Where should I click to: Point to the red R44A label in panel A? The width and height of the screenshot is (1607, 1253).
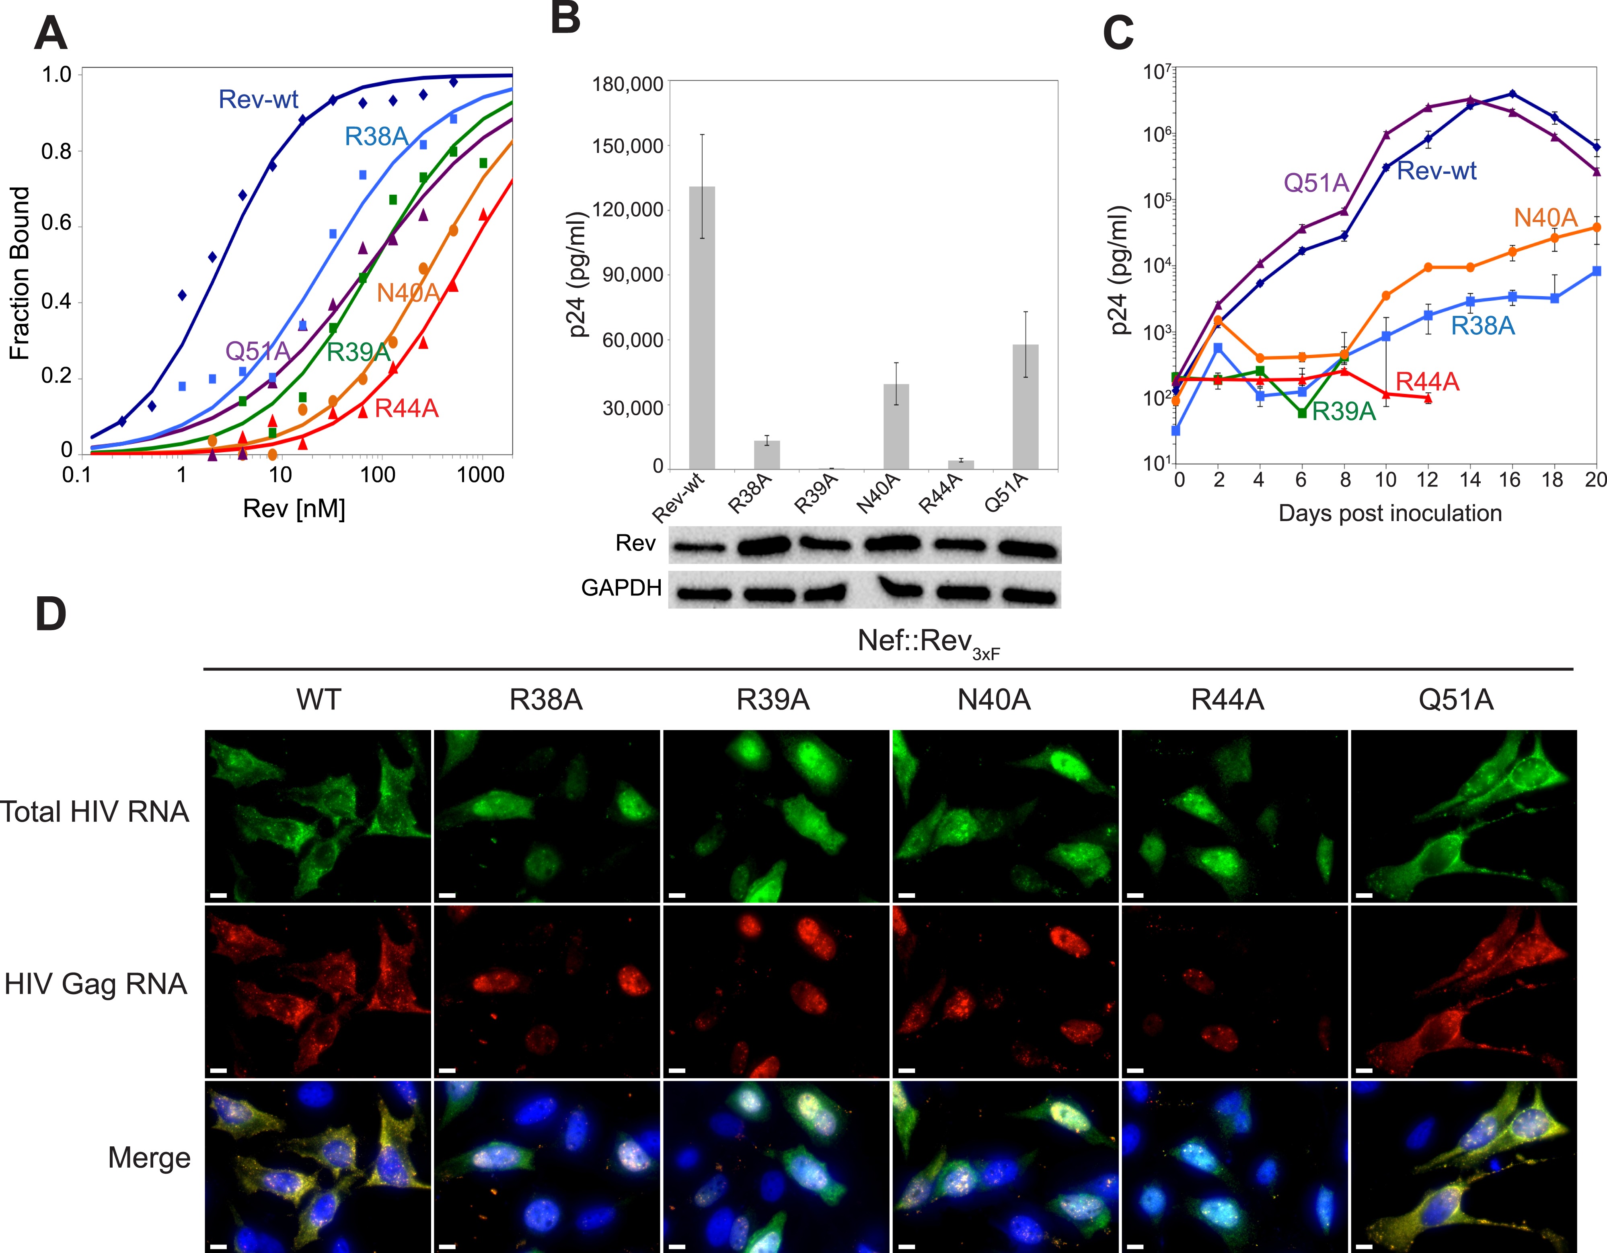click(406, 408)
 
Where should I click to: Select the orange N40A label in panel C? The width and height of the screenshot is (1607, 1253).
click(1545, 218)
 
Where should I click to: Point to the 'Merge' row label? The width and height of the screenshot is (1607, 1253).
click(149, 1158)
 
